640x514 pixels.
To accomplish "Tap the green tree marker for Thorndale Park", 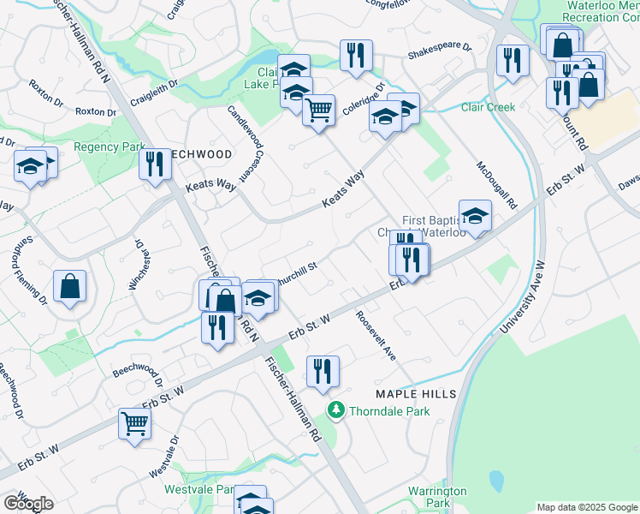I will [336, 411].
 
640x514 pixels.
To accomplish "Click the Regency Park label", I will [110, 147].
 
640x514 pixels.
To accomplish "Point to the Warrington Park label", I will [437, 497].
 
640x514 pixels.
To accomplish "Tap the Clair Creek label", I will [487, 107].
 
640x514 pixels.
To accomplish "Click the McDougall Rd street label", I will [497, 186].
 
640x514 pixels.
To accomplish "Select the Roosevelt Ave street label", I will [376, 333].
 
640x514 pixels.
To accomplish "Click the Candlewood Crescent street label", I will [237, 143].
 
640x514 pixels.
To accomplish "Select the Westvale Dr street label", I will [164, 457].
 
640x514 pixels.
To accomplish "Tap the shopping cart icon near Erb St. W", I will [135, 422].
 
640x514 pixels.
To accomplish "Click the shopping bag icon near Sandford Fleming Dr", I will [69, 287].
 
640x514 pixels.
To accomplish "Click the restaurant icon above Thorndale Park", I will [323, 371].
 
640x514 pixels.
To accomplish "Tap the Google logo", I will [28, 504].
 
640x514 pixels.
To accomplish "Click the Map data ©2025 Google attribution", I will [587, 507].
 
